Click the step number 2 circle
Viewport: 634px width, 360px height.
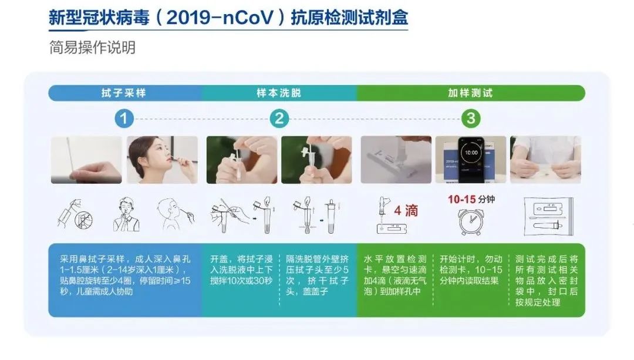click(279, 119)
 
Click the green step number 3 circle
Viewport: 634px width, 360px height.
click(471, 119)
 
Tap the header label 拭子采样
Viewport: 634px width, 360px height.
click(124, 93)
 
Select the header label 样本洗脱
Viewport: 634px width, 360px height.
click(279, 93)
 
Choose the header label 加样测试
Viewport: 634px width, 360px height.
click(471, 93)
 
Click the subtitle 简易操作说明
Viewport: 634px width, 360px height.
click(92, 48)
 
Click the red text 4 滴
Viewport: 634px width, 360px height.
click(406, 210)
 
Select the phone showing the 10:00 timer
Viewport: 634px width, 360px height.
click(470, 160)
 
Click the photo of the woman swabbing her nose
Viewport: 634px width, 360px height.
click(162, 160)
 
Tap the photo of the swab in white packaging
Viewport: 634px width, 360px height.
click(86, 160)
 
